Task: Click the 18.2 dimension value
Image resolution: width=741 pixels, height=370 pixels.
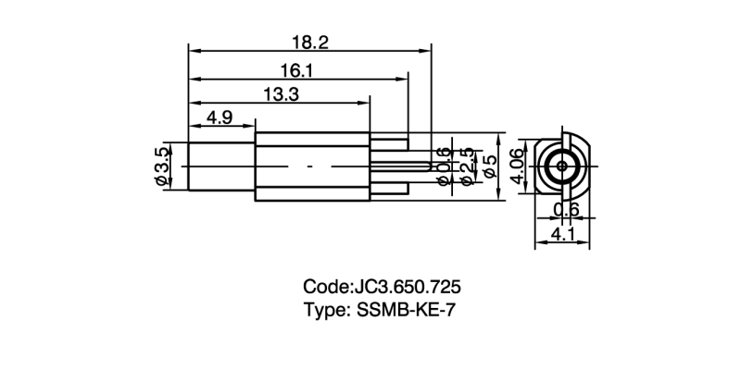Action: click(x=310, y=42)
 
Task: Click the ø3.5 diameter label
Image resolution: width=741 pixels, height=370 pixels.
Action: click(x=163, y=166)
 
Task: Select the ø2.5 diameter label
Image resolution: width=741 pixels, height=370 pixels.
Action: click(x=468, y=166)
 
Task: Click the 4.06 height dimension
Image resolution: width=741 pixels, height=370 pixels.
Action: click(x=519, y=166)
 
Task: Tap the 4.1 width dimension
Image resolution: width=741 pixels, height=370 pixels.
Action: click(x=563, y=235)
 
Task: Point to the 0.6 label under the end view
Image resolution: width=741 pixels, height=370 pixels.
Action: click(x=566, y=210)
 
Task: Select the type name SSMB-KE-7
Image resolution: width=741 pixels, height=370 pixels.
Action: click(x=408, y=311)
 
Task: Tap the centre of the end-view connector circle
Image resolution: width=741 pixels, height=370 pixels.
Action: click(x=562, y=166)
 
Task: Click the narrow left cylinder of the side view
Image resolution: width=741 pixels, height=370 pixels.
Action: click(x=220, y=166)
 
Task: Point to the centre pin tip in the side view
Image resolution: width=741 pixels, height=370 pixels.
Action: click(x=428, y=166)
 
